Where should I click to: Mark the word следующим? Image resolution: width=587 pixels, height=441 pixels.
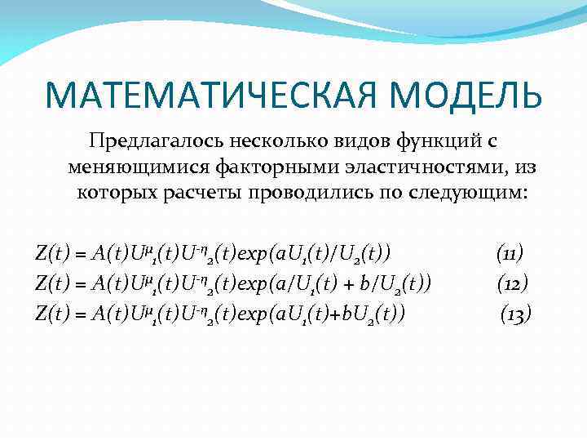458,194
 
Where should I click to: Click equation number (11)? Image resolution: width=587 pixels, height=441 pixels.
510,254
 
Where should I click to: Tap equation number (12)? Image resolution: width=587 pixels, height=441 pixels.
512,284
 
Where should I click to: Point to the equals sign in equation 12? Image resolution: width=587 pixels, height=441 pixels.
82,284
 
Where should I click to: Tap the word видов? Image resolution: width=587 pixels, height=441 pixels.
351,141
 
